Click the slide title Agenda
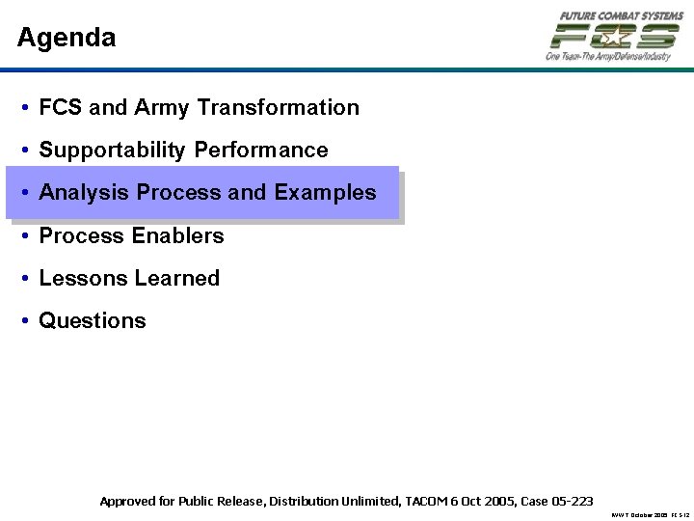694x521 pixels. [67, 39]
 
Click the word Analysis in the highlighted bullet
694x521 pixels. [85, 193]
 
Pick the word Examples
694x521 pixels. [325, 193]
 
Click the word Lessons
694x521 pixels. [81, 279]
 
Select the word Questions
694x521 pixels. [93, 321]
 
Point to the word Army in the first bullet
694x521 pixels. [163, 108]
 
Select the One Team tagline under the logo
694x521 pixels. [607, 57]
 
